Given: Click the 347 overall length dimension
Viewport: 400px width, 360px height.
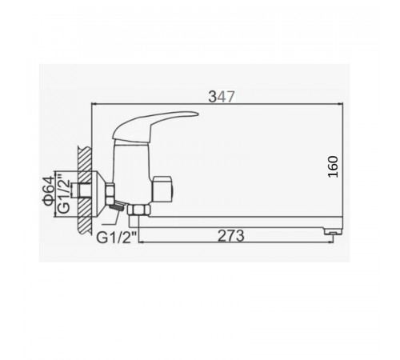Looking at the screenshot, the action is pyautogui.click(x=222, y=97).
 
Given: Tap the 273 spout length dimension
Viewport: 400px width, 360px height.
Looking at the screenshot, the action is pyautogui.click(x=231, y=236).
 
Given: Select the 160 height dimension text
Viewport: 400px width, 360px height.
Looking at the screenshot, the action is pyautogui.click(x=333, y=166).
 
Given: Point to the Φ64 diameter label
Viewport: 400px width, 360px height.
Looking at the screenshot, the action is pyautogui.click(x=49, y=191).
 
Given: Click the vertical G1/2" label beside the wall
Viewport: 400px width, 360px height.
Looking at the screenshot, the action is pyautogui.click(x=64, y=193).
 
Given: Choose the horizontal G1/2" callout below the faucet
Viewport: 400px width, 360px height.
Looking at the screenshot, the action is pyautogui.click(x=117, y=238).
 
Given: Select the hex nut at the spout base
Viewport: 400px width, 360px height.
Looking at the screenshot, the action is pyautogui.click(x=138, y=210).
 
